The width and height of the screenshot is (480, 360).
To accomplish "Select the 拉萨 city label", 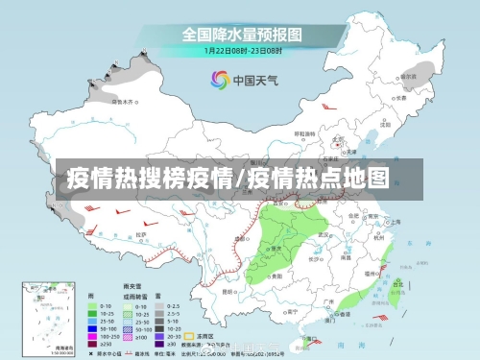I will pyautogui.click(x=142, y=234).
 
